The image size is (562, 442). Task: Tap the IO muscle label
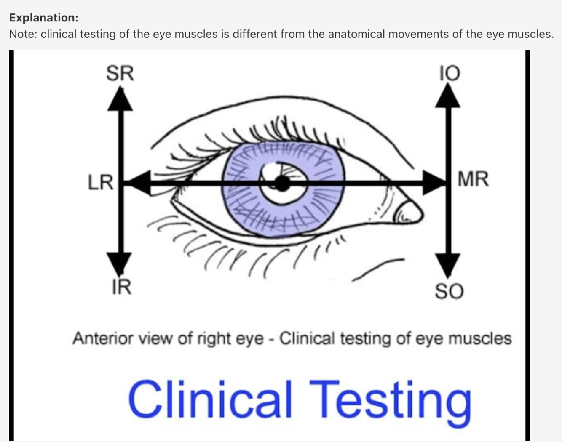tap(450, 73)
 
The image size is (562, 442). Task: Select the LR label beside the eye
tap(100, 183)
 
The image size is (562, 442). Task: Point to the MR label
tap(473, 179)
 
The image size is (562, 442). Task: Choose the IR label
tap(121, 287)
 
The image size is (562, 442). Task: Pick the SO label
tap(449, 291)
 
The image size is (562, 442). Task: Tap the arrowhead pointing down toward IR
tap(120, 263)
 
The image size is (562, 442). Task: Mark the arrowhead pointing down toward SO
tap(447, 265)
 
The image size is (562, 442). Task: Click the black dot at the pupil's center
tap(282, 184)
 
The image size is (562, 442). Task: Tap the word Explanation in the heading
tap(43, 18)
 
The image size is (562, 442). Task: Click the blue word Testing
tap(390, 399)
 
